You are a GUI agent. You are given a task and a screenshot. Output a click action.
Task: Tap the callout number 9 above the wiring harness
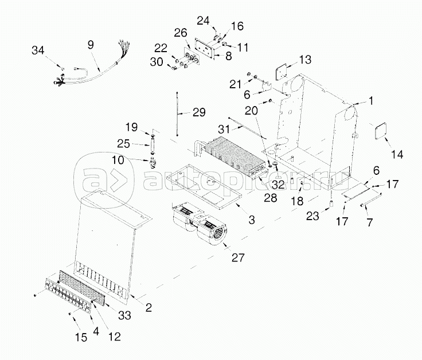coord(91,44)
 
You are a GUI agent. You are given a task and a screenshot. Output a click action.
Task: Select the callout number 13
coord(305,59)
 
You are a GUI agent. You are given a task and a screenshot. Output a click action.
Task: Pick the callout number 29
coord(199,112)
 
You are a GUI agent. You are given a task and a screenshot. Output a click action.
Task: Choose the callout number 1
coord(370,101)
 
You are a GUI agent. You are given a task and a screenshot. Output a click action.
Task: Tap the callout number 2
coord(148,307)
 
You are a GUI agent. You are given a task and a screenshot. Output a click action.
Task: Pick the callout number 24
coord(203,20)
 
